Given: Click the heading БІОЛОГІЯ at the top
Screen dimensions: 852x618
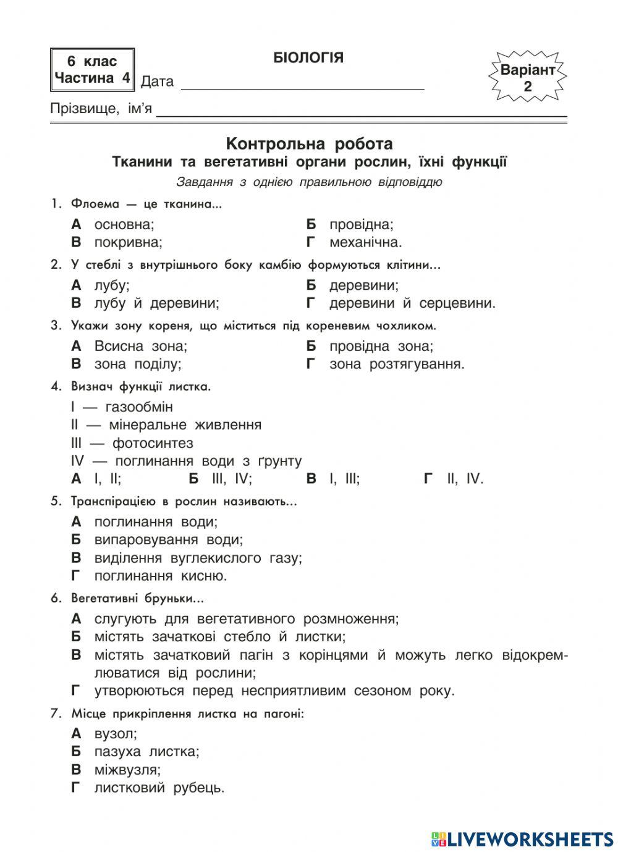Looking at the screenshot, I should (308, 58).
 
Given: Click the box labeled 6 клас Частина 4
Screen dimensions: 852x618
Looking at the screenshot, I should (92, 70).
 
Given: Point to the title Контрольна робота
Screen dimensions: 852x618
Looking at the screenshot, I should (309, 144).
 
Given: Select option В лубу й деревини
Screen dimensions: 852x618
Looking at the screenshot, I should (145, 303).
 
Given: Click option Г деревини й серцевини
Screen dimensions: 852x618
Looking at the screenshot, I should (401, 303).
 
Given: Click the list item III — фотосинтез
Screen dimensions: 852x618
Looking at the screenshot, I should (132, 443).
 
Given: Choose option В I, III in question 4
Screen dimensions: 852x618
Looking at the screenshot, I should (333, 479).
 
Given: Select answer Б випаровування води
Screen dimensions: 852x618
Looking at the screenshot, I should (158, 539).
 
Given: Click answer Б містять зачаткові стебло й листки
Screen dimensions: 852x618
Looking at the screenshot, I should (208, 636).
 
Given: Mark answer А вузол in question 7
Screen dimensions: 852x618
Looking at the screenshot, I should (104, 733).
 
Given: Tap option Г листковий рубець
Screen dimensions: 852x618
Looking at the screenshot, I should (148, 788).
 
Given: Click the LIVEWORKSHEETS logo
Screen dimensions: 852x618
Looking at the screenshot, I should (522, 838).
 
